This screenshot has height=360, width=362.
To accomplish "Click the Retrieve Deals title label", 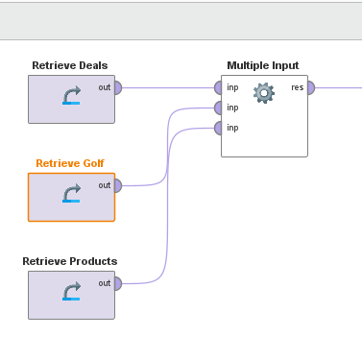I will [x=70, y=65].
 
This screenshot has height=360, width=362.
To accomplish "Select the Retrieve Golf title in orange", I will [x=70, y=163].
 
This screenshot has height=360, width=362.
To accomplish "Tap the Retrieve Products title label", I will [x=70, y=261].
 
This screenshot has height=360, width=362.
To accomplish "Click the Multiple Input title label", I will [x=263, y=65].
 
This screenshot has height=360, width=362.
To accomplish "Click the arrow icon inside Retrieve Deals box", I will [x=71, y=96].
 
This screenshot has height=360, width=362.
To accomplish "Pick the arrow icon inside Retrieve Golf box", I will [x=71, y=194].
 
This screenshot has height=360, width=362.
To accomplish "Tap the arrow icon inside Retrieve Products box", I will [x=71, y=292].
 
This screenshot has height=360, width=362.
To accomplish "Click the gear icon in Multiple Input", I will [x=263, y=93].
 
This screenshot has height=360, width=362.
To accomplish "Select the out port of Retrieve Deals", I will [x=117, y=87].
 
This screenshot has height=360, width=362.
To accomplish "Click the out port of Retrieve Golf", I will [x=117, y=185].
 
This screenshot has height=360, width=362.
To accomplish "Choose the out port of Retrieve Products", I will [x=117, y=283].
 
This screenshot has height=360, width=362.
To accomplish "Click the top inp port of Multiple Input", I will [x=219, y=87].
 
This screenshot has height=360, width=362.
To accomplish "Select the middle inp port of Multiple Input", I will [x=219, y=108].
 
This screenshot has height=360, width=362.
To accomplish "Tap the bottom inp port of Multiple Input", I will [x=219, y=128].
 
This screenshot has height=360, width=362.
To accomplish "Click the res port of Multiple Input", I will [x=310, y=87].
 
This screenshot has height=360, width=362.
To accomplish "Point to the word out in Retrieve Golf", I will [x=104, y=185].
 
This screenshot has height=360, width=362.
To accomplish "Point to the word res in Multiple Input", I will [x=298, y=87].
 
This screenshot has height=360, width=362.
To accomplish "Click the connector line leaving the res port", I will [x=336, y=87].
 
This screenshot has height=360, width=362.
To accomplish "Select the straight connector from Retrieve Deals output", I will [x=168, y=87].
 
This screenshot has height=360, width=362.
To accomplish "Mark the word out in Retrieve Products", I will [x=104, y=283].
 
